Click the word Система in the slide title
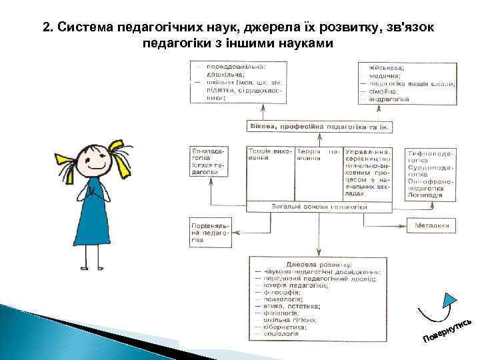pos(85,28)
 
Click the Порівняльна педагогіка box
pos(210,231)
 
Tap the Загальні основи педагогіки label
pos(319,207)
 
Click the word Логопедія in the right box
pos(427,195)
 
